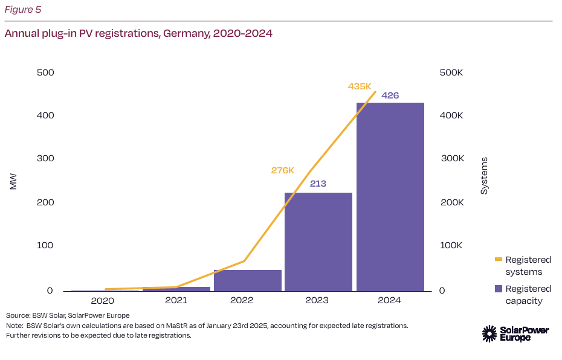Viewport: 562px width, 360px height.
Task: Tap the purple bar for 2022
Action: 248,280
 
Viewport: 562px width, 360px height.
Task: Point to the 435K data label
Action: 360,86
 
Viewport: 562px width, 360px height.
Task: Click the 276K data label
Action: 283,170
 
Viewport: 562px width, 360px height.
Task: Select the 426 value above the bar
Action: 390,95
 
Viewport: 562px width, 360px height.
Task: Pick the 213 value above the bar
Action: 318,183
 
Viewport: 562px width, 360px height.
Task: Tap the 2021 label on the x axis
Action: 176,300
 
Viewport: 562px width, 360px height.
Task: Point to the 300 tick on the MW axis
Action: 46,159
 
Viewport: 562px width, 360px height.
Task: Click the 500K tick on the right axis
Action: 451,72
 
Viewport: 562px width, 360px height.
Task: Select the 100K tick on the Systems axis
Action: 451,246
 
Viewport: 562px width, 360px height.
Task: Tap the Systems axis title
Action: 484,176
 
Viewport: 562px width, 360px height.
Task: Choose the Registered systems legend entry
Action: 528,266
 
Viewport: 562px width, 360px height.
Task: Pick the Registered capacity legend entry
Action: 528,295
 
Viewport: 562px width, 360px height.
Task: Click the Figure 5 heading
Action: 23,10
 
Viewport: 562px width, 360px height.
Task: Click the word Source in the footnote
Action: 18,315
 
